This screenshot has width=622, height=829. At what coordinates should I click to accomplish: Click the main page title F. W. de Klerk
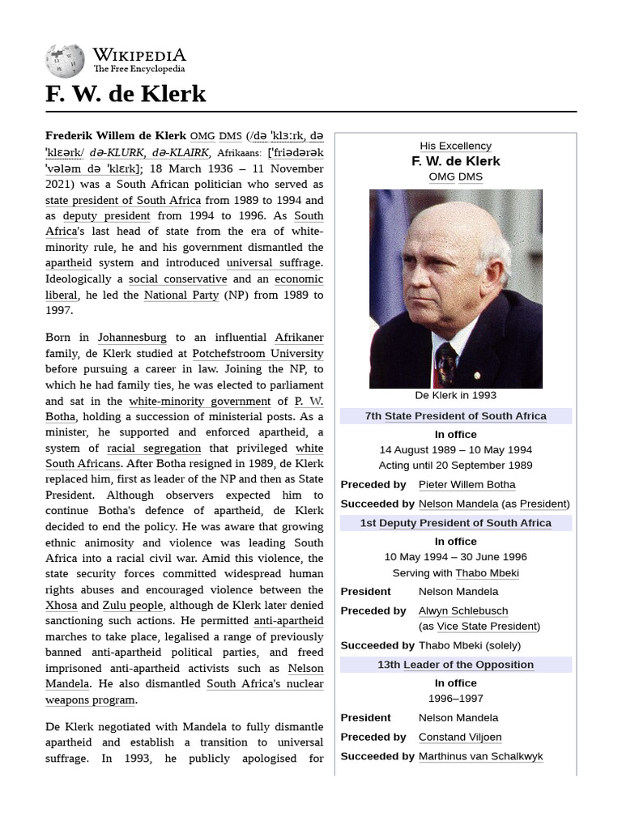(126, 94)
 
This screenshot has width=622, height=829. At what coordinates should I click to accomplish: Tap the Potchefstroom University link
(258, 353)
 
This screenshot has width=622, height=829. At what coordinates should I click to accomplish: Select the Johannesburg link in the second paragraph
(132, 338)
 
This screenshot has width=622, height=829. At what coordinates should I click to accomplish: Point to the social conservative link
(177, 278)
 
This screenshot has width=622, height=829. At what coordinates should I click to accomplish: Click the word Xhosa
(62, 606)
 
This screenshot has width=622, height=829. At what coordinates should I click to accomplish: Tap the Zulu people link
(133, 606)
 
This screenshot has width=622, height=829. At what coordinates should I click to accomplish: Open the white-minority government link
(199, 401)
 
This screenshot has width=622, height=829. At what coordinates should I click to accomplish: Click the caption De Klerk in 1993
(455, 396)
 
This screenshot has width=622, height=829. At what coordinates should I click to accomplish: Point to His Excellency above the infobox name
(455, 146)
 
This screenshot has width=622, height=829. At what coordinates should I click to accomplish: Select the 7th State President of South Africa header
(455, 416)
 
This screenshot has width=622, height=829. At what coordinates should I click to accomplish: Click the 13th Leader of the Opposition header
(455, 665)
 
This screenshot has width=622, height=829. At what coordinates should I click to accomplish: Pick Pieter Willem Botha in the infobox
(466, 484)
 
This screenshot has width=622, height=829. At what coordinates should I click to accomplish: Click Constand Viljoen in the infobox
(460, 737)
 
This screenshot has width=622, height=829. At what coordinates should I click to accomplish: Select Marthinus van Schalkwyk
(480, 756)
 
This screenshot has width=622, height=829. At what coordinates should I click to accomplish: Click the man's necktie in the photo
(446, 363)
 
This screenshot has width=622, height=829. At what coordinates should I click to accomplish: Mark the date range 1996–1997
(455, 698)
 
